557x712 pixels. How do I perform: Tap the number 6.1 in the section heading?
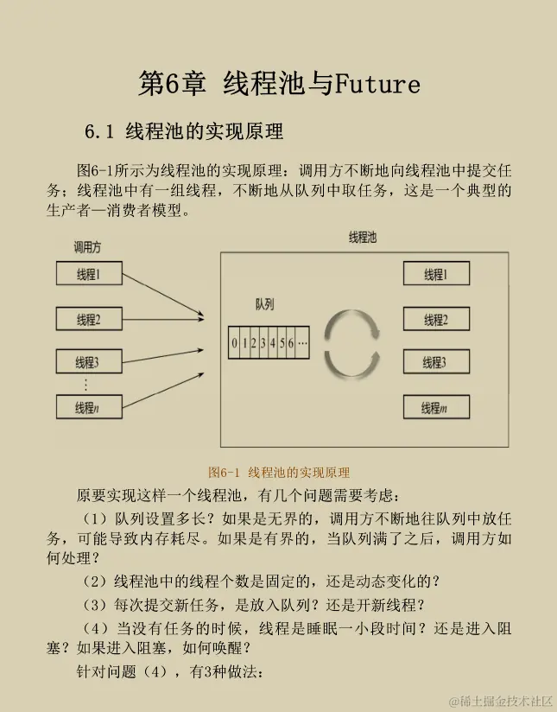tap(99, 132)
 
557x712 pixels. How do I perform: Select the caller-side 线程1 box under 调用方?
tap(88, 275)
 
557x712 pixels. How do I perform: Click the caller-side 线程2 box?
tap(88, 320)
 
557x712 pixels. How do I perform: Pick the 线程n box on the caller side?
tap(88, 407)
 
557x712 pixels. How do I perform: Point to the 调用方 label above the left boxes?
tap(87, 248)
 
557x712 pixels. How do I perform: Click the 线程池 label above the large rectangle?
tap(362, 237)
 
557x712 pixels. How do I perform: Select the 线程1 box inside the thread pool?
tap(435, 275)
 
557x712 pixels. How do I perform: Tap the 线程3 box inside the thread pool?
tap(435, 363)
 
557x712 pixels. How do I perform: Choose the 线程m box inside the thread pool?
tap(435, 408)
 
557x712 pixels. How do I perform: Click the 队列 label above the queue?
tap(264, 305)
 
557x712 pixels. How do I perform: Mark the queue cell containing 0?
tap(234, 343)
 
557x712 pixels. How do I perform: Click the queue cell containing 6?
tap(291, 343)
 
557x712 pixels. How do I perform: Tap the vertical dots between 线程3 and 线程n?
tap(85, 385)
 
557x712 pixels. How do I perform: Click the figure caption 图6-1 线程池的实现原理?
tap(279, 473)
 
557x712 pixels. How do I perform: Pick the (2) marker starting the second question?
tap(94, 581)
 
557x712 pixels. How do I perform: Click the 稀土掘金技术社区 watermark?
tap(497, 698)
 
